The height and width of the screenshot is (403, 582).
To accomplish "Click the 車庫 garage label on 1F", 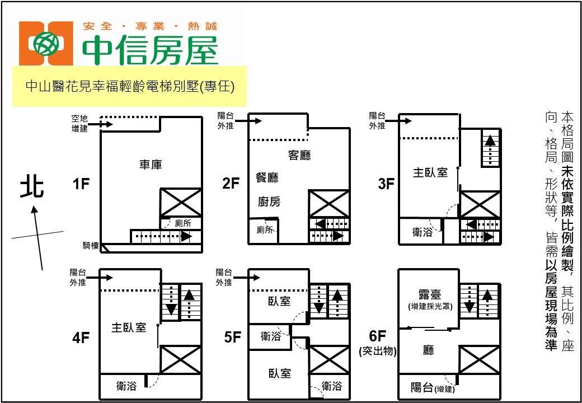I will pos(151,165).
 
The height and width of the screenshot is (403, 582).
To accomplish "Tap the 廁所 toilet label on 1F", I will pos(183,223).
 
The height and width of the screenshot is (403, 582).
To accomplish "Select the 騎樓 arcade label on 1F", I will pos(90,246).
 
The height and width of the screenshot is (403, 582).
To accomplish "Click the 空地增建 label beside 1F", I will pos(79,124).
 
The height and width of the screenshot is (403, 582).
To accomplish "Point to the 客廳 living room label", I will pos(299,156).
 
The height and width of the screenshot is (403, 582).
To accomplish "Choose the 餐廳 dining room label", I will pos(267,177).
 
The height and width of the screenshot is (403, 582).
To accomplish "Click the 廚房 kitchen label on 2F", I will pos(269,202).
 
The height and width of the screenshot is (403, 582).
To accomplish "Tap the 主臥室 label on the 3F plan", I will pos(430,172).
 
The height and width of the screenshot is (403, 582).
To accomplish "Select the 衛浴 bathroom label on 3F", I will pos(422,232).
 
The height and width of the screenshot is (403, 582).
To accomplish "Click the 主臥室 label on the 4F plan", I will pos(129,327).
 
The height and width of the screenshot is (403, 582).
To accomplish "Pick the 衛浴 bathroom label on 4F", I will pos(126,386).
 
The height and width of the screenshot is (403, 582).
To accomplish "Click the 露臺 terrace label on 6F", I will pos(429,294).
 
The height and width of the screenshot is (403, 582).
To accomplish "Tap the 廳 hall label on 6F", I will pos(429,351).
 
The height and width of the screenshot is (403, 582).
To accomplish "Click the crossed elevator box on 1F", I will pos(181,202).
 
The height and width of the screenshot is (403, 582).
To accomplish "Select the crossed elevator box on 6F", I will pos(479,359).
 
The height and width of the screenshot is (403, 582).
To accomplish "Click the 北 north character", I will pos(32,187).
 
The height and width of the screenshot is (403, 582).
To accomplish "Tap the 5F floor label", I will pos(232,337).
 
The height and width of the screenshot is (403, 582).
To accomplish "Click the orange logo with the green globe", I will pos(46,44).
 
